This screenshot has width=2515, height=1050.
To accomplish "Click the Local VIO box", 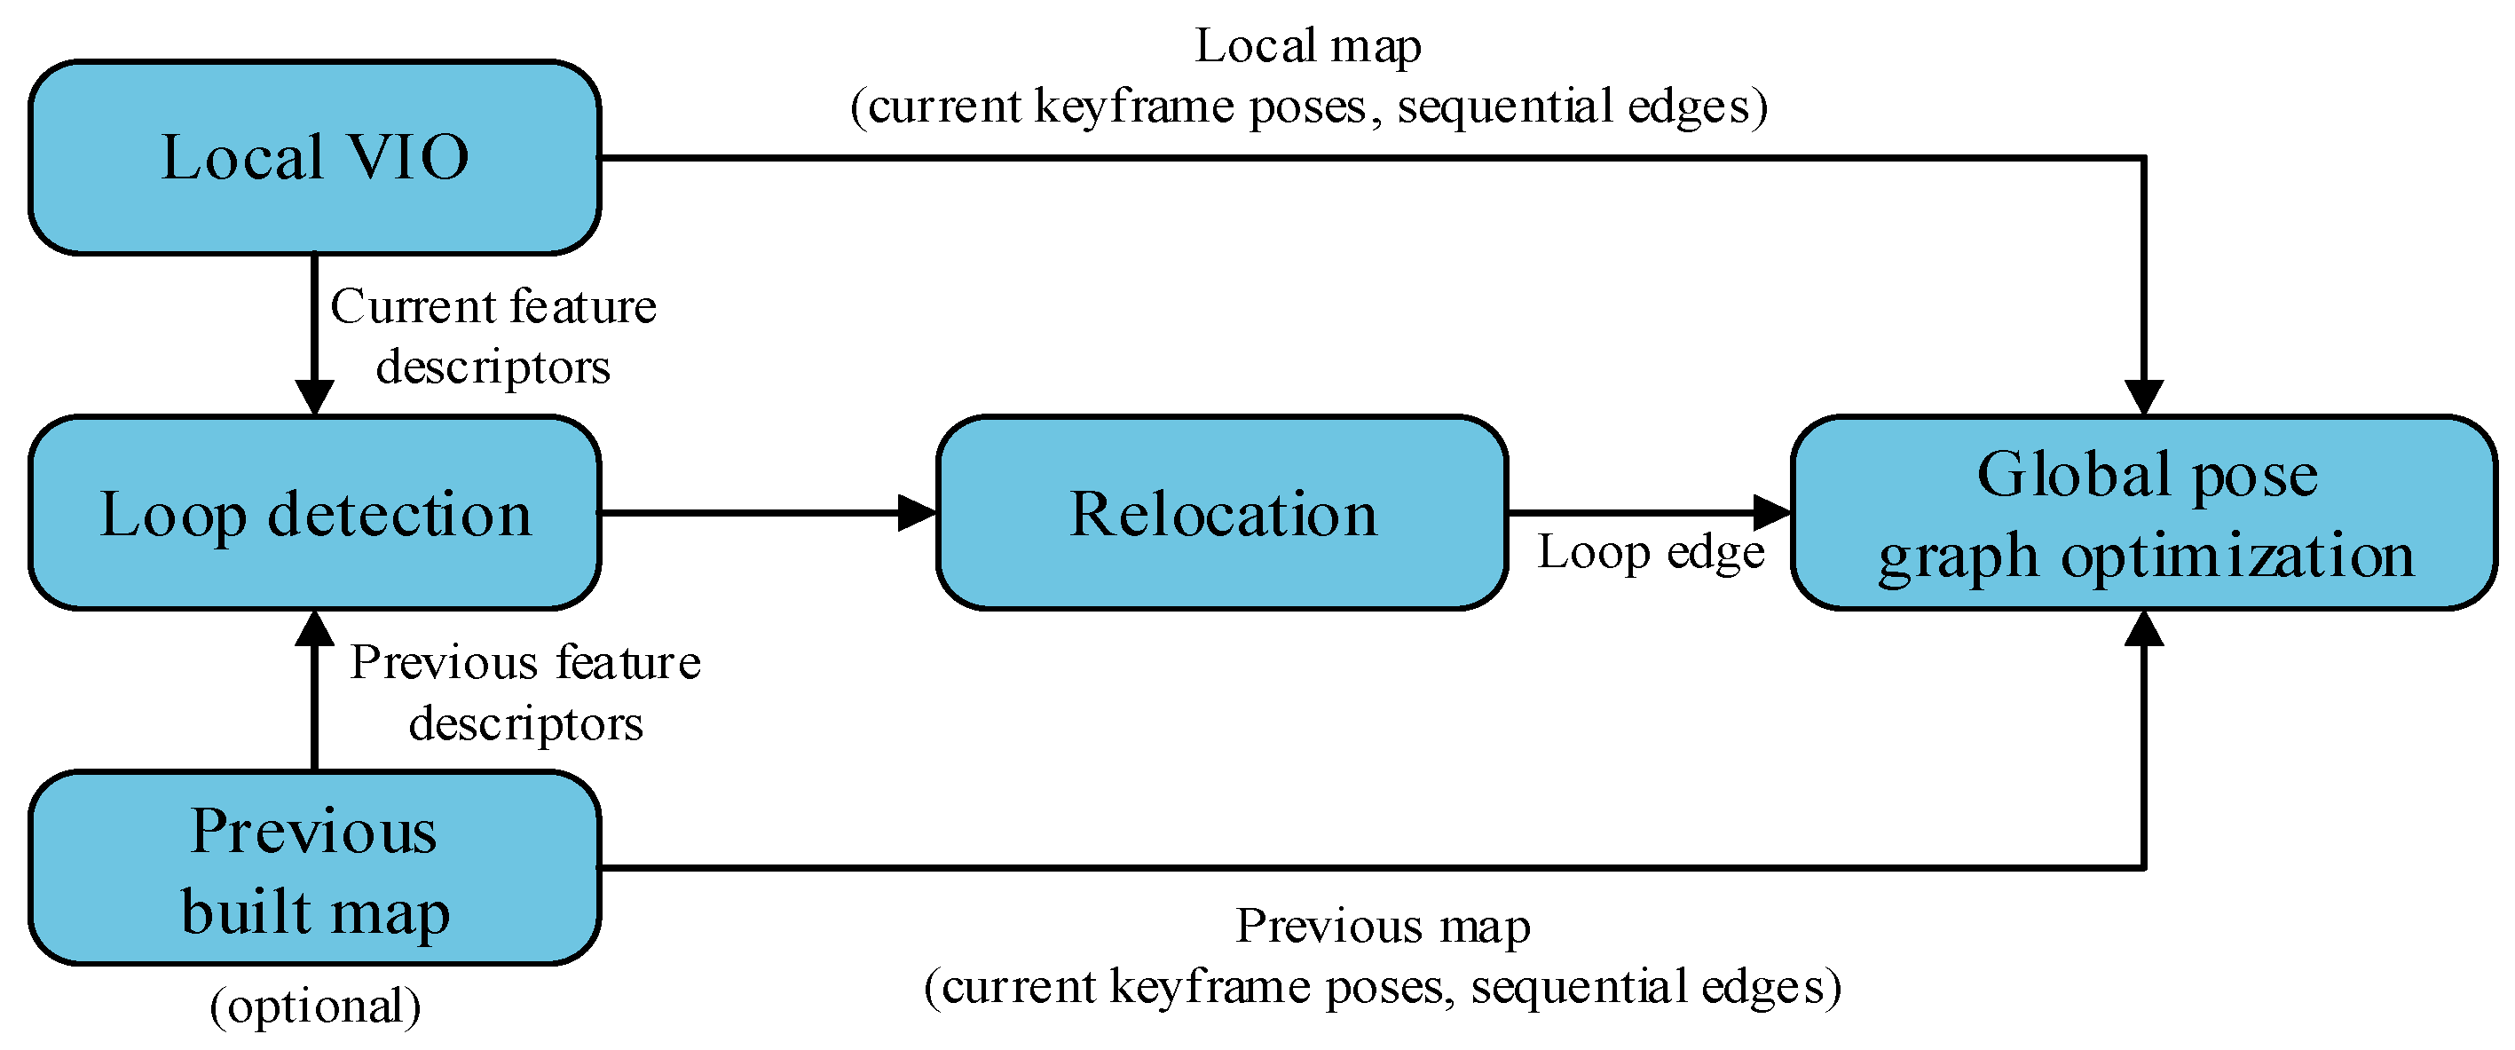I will pos(314,157).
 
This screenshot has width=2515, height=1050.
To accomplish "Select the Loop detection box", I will pos(314,513).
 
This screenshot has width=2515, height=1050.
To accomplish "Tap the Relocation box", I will pos(1222,513).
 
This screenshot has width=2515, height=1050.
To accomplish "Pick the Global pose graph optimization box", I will pos(2144,513).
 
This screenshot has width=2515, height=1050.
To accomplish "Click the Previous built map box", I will pos(314,868).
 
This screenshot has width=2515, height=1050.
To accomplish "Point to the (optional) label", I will pos(315,1006).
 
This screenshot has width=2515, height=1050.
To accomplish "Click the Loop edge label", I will pos(1651,552).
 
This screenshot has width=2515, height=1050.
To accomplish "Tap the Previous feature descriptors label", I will pos(525,691).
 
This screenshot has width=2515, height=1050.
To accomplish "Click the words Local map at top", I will pos(1308,46).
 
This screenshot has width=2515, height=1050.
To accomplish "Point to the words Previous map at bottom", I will pos(1383,925).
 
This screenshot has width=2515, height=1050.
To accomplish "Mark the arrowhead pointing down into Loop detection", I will pos(314,398).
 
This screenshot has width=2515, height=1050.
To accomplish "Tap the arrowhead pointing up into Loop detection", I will pos(314,628).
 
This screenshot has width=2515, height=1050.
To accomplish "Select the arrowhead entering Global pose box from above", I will pos(2144,398).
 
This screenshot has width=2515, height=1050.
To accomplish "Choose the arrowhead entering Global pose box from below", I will pos(2144,628).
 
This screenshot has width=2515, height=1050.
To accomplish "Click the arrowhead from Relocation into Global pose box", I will pos(1772,512).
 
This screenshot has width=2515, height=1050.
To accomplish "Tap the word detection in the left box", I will pos(399,514).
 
